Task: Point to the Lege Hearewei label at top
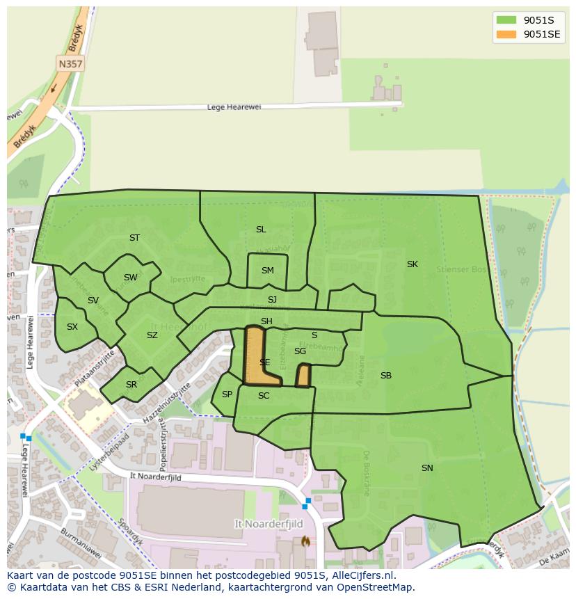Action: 234,107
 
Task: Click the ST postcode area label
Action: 134,238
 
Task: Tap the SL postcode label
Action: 261,230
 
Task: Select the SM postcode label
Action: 268,271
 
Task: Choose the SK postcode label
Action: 413,264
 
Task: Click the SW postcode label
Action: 130,278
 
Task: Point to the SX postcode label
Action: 72,326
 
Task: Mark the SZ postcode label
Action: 152,335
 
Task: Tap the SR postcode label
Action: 131,385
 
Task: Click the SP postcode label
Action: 227,394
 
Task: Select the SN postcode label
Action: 427,468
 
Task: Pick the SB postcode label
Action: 386,376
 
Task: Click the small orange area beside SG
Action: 303,376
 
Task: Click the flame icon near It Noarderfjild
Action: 305,541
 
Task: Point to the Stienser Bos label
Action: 460,269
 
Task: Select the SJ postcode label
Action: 272,300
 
